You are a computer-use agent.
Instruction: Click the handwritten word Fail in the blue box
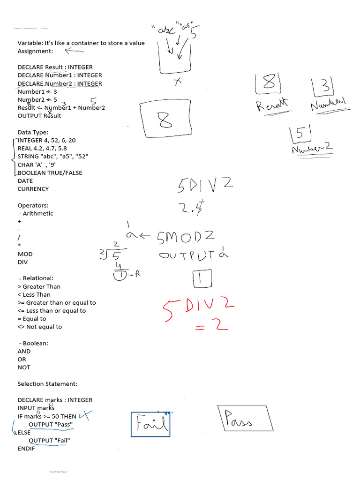pyautogui.click(x=150, y=424)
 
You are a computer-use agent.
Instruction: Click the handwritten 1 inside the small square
pyautogui.click(x=202, y=279)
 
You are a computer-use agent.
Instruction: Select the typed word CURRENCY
pyautogui.click(x=33, y=189)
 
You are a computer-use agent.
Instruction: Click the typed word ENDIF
pyautogui.click(x=26, y=449)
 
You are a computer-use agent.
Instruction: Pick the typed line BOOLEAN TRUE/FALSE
pyautogui.click(x=50, y=172)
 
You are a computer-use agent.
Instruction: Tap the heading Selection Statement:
pyautogui.click(x=47, y=383)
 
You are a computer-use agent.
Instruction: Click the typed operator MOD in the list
pyautogui.click(x=25, y=254)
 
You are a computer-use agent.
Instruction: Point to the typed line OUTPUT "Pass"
pyautogui.click(x=51, y=424)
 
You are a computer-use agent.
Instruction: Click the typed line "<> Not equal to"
pyautogui.click(x=40, y=327)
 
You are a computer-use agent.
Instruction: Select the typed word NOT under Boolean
pyautogui.click(x=24, y=367)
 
